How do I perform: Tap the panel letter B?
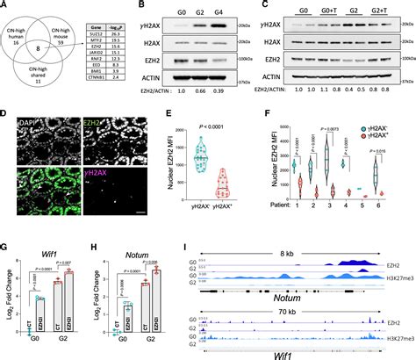(x=140, y=6)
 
